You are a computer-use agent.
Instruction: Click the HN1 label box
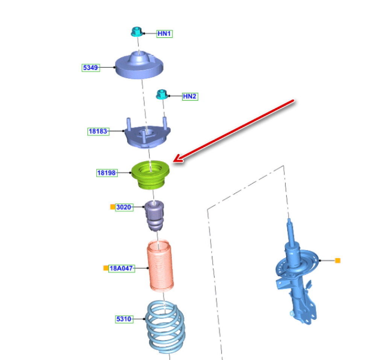165,33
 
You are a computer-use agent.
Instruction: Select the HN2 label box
190,96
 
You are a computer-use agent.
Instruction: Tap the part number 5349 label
91,68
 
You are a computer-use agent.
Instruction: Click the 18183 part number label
98,132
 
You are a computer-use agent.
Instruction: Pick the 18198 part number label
107,173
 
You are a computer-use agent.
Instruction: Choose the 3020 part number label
124,207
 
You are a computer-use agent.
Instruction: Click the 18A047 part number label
121,268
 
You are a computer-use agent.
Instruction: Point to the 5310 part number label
124,319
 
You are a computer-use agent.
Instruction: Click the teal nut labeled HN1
137,32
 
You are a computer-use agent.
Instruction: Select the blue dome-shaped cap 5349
139,65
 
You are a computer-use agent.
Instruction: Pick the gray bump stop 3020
155,216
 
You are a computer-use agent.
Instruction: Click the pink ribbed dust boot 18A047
160,266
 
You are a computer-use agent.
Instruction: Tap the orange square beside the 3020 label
112,207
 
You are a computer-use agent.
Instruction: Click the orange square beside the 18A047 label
106,268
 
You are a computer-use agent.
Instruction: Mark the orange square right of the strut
338,260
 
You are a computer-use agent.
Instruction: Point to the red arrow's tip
173,161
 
